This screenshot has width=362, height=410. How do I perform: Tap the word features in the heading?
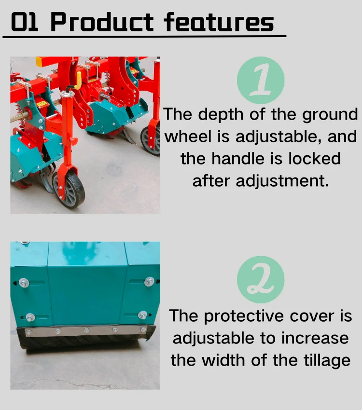click(x=219, y=22)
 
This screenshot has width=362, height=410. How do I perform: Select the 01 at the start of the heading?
click(x=25, y=22)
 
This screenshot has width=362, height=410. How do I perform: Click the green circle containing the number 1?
click(x=261, y=81)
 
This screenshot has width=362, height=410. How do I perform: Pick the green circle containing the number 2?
click(x=261, y=280)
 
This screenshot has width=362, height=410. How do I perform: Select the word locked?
click(x=315, y=158)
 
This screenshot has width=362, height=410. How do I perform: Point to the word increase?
click(x=315, y=338)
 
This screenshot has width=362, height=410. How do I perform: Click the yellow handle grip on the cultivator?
click(x=78, y=80)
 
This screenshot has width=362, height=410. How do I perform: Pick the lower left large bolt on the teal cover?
click(x=30, y=317)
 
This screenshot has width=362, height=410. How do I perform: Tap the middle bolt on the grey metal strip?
click(x=86, y=330)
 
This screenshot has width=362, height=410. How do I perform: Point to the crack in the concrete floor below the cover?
click(x=72, y=381)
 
